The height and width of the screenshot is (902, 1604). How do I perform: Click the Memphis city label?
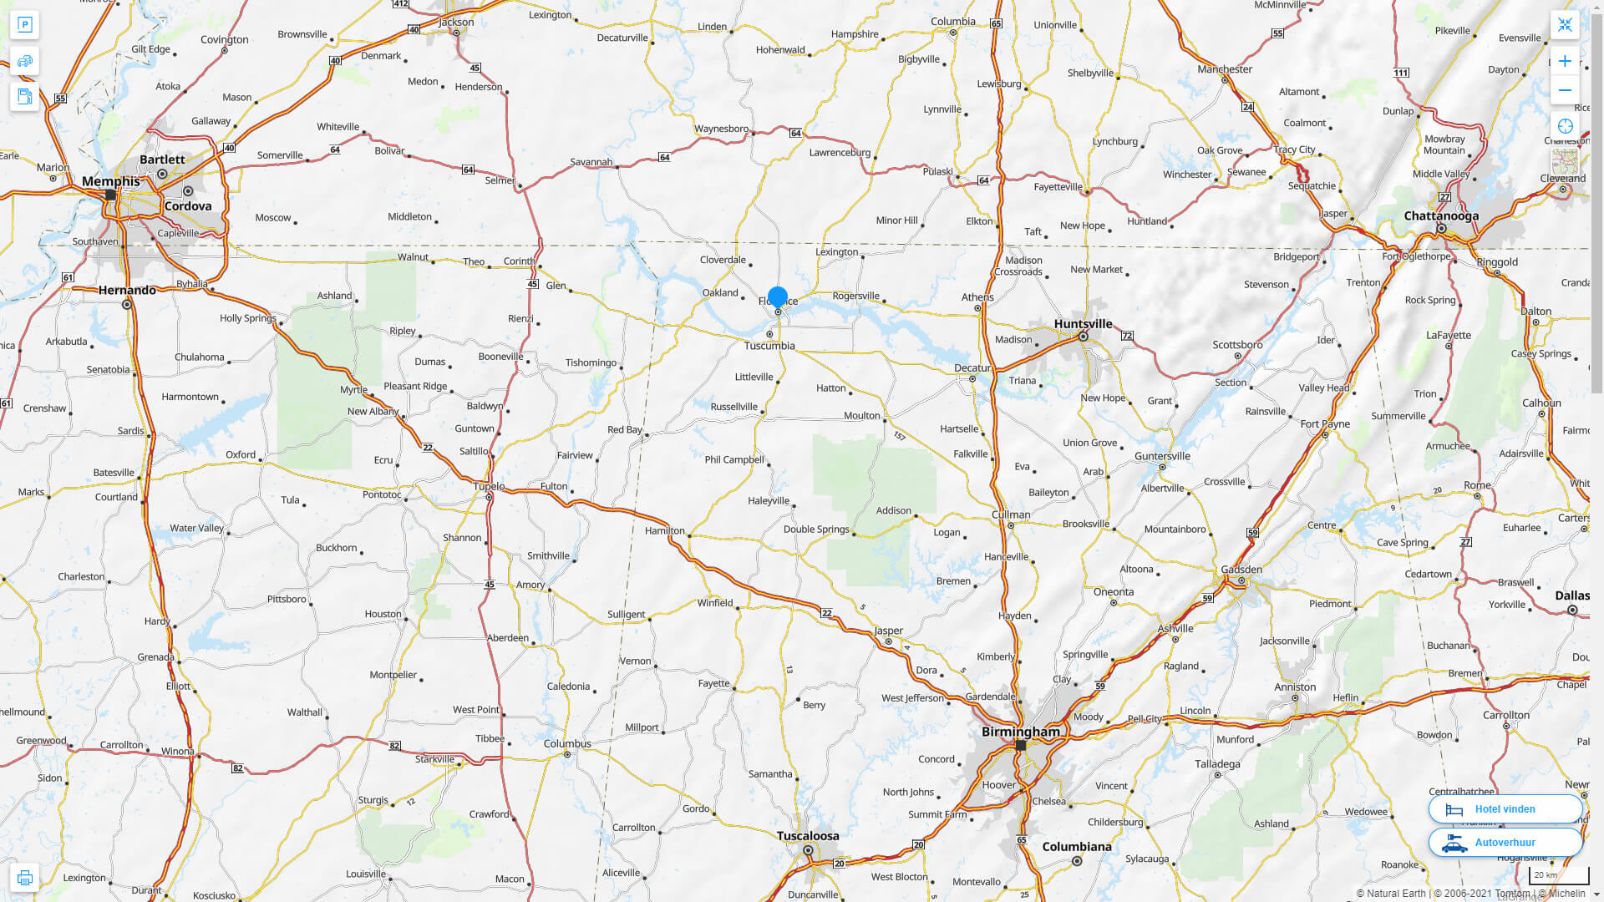[110, 181]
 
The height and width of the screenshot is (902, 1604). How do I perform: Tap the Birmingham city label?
[1020, 732]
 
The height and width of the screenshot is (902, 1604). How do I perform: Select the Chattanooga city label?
[1440, 215]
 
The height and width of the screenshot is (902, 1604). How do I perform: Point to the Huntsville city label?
[1083, 324]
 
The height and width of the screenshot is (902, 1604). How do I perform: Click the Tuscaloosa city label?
[807, 836]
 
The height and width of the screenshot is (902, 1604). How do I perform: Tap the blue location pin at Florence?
[778, 297]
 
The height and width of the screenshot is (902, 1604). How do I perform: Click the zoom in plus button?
[1565, 61]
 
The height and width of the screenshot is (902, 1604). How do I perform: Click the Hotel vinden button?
[1505, 809]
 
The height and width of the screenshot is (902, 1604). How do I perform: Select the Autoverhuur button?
[1505, 843]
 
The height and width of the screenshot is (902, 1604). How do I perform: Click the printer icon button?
[24, 878]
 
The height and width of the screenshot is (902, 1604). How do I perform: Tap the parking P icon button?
[24, 24]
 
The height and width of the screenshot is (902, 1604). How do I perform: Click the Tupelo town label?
[489, 486]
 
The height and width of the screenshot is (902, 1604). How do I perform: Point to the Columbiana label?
[1076, 847]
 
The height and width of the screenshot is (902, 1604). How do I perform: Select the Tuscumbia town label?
[769, 346]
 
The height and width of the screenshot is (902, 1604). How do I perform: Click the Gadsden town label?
[1241, 570]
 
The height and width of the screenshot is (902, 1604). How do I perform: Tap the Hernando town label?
[127, 291]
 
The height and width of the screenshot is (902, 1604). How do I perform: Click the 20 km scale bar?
[1558, 875]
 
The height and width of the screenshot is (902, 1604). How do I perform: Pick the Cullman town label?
[1011, 514]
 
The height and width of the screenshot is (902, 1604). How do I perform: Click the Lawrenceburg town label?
[840, 152]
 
